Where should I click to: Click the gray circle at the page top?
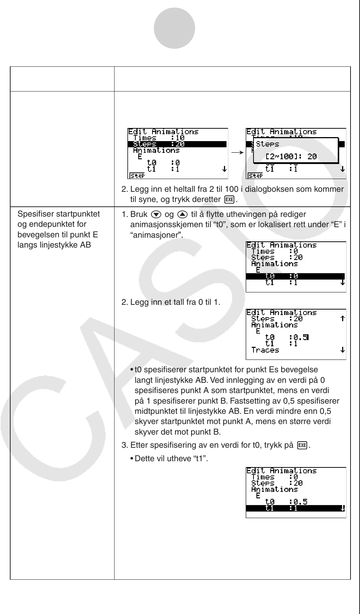click(174, 28)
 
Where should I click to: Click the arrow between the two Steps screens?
click(237, 153)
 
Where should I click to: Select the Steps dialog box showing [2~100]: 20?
click(296, 150)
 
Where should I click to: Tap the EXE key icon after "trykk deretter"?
click(230, 200)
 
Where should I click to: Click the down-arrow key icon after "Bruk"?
click(154, 214)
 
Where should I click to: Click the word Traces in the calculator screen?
click(265, 350)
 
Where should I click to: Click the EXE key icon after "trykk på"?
click(302, 445)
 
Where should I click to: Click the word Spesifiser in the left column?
click(34, 214)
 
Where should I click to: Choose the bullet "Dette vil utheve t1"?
click(171, 458)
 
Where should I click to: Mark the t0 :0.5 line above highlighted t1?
click(286, 502)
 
